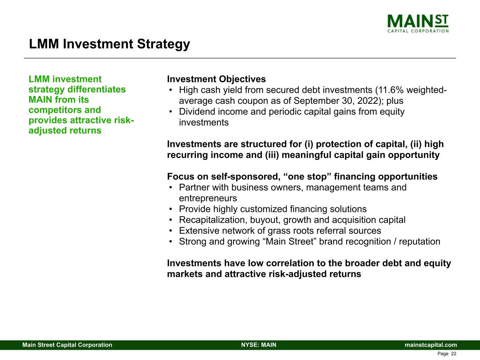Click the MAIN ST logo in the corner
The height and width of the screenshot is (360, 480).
418,23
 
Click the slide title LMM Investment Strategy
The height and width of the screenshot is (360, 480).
109,44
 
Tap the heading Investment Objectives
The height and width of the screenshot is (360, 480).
216,79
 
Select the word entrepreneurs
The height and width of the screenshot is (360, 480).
208,198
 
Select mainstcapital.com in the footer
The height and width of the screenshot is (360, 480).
431,345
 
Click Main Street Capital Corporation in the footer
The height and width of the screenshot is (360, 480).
67,345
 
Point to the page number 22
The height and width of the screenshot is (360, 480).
453,354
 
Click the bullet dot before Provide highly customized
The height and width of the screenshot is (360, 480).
171,210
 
